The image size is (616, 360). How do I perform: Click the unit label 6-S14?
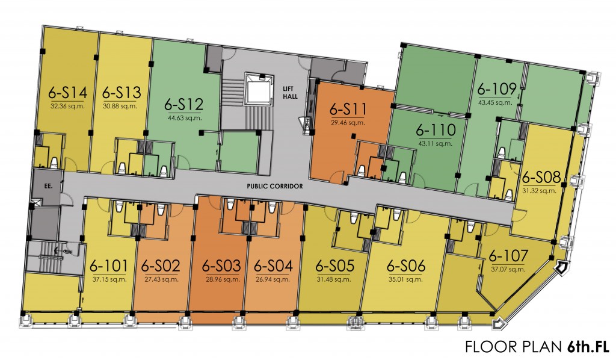[x=68, y=93]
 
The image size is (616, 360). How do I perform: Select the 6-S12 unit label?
[x=183, y=104]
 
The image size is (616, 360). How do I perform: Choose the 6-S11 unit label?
[x=349, y=110]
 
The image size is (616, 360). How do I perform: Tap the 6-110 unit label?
[x=436, y=131]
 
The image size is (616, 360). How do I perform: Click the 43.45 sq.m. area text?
[x=496, y=102]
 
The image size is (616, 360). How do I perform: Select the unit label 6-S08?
[x=542, y=178]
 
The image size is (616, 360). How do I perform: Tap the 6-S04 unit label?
[x=274, y=265]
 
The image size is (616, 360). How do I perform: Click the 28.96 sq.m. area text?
[x=221, y=279]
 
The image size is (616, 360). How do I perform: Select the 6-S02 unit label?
[x=161, y=265]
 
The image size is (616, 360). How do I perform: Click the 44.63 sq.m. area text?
[x=183, y=117]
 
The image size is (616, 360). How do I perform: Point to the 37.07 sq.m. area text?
[x=508, y=270]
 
